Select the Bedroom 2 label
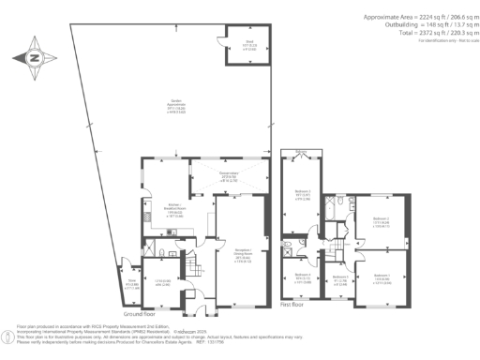point(381,223)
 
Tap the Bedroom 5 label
point(340,279)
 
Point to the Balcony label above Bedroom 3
point(300,153)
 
